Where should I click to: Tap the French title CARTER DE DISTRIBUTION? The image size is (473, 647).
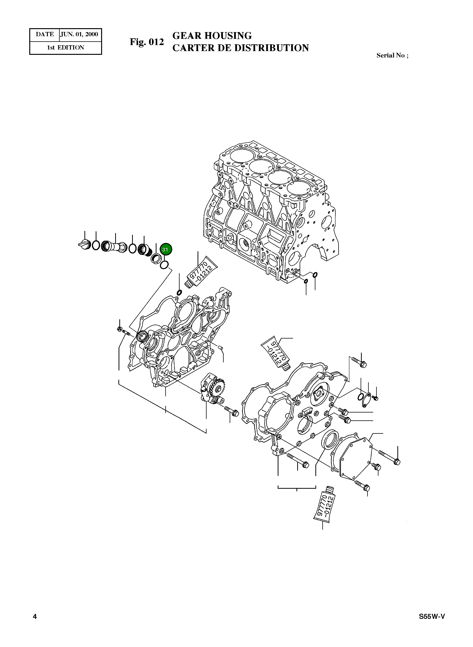(x=241, y=48)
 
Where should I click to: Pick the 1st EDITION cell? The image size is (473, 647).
(x=65, y=48)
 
